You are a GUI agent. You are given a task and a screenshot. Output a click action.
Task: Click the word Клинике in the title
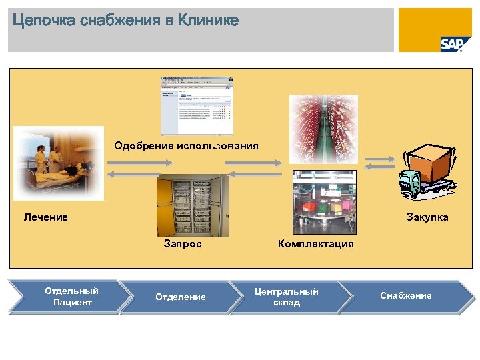pos(207,21)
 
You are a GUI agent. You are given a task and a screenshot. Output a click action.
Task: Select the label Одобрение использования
pos(186,145)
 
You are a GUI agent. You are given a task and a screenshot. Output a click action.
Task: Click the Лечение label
pos(45,217)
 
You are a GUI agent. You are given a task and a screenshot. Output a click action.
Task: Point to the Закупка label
pos(427,217)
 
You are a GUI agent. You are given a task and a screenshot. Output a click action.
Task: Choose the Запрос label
pos(183,244)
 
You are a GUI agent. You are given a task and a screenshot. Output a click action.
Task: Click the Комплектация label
pos(315,244)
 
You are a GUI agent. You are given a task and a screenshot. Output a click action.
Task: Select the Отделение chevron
pos(181,297)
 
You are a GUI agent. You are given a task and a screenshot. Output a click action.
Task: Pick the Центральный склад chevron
pos(287,297)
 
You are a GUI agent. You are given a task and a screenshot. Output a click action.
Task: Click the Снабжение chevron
pos(405,295)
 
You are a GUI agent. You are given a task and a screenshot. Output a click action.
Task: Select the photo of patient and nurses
pos(59,163)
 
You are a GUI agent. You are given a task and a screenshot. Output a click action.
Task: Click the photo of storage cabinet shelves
pos(193,205)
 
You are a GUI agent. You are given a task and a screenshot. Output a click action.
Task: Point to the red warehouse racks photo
pos(323,128)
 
